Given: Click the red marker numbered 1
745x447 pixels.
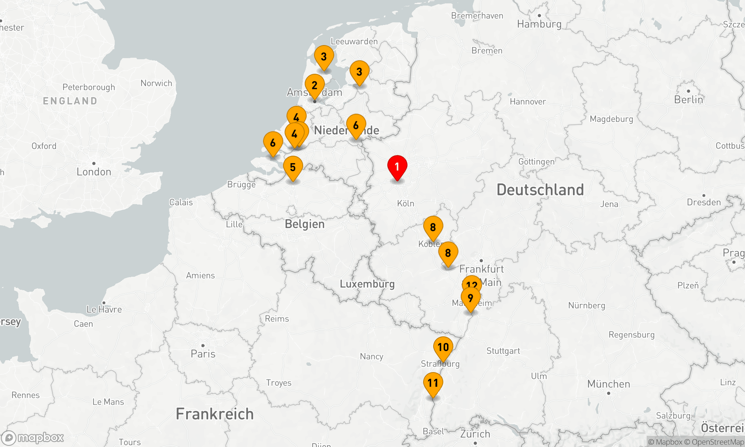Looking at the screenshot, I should click(x=397, y=167).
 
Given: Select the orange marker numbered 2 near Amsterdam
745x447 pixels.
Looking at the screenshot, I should click(x=314, y=85).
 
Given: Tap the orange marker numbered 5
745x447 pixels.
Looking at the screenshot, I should click(x=293, y=167).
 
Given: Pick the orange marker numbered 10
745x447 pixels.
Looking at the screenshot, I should click(x=443, y=347).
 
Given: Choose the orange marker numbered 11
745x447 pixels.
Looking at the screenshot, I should click(x=433, y=383).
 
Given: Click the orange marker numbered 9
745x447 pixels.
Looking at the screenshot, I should click(x=470, y=298).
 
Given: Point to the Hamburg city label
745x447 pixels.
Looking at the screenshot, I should click(x=539, y=24).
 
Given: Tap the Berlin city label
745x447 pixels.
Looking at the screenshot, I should click(x=688, y=99).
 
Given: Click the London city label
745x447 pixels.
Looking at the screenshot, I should click(x=94, y=172).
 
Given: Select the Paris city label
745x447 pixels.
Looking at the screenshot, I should click(x=203, y=354).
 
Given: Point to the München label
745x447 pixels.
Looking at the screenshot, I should click(x=609, y=384).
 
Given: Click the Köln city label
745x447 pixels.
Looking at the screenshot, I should click(x=406, y=203).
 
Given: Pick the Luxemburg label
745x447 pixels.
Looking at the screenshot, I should click(x=367, y=284).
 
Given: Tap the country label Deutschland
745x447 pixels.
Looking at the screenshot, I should click(x=540, y=190).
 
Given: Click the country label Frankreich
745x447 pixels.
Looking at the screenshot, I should click(x=215, y=414).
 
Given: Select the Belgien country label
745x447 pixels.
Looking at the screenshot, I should click(x=305, y=224).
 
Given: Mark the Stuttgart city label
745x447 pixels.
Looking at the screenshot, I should click(x=503, y=351).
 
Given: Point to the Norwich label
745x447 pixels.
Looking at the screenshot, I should click(x=156, y=83).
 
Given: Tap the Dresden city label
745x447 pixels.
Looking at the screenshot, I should click(x=704, y=202).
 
